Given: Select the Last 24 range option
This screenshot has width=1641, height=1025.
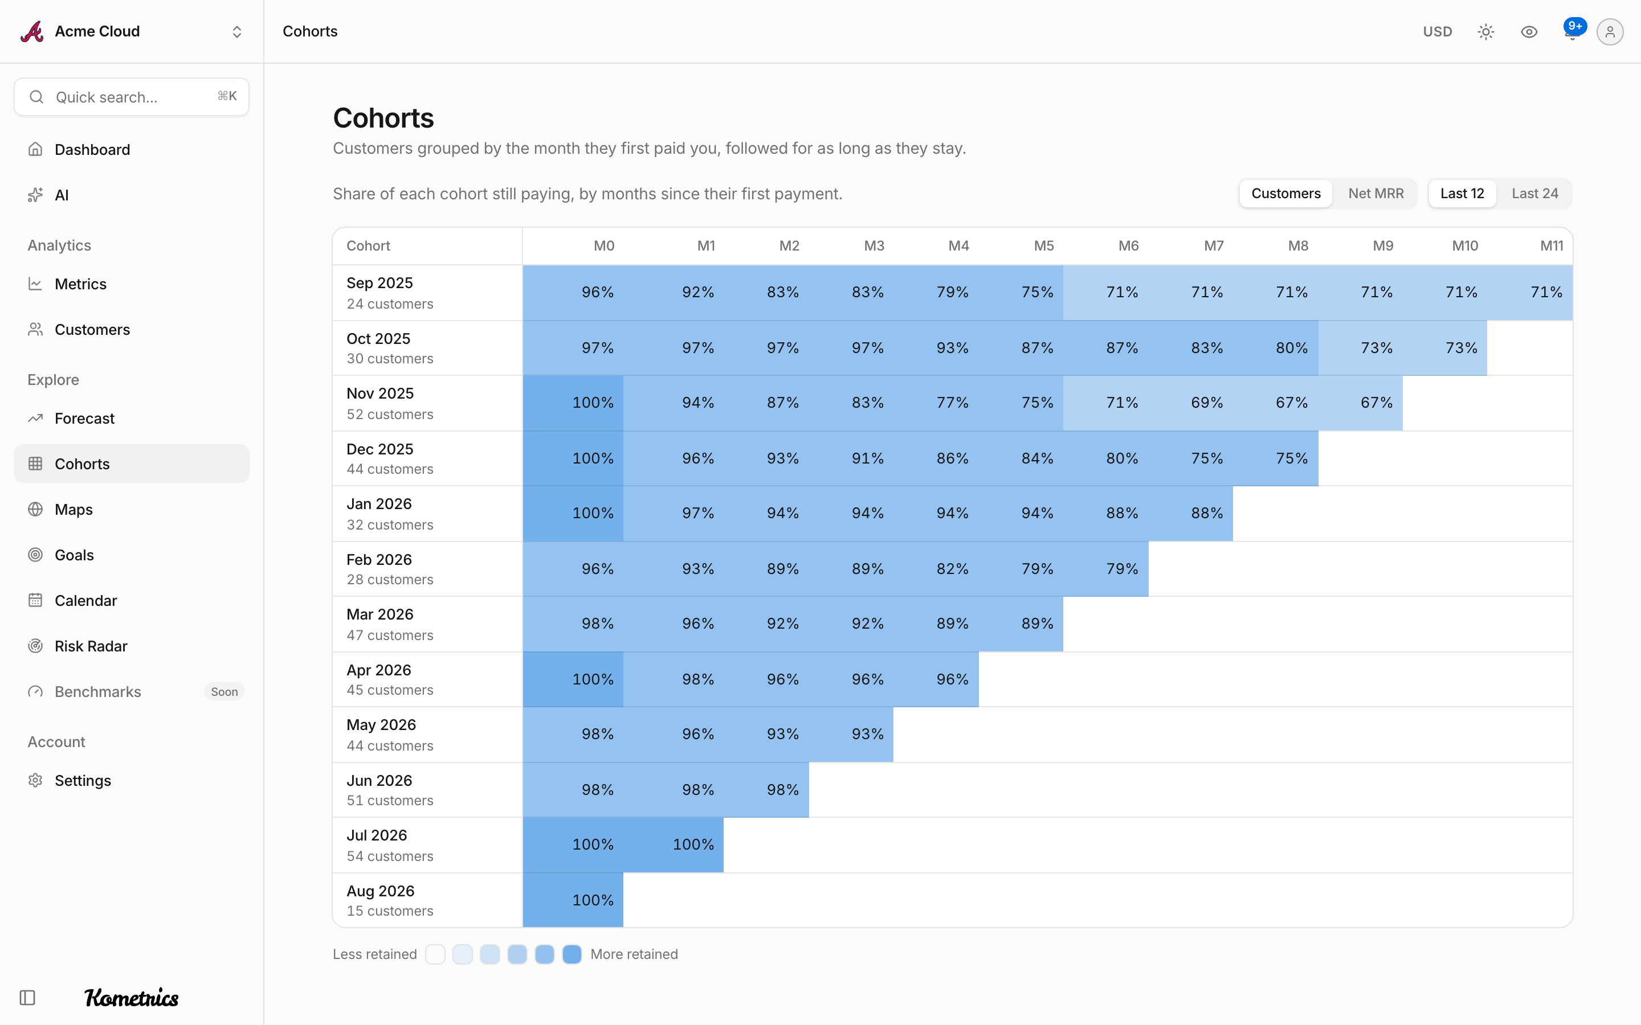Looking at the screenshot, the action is click(x=1534, y=194).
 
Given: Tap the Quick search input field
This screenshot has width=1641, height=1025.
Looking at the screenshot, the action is click(x=132, y=97).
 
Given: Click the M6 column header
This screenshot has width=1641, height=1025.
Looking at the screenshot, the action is click(x=1128, y=246).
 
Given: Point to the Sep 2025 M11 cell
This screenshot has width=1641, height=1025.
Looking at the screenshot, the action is click(x=1530, y=292).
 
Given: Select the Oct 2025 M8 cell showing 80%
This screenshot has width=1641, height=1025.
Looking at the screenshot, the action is click(x=1276, y=348).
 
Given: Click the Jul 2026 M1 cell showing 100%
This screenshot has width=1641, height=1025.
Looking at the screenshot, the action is click(x=673, y=844).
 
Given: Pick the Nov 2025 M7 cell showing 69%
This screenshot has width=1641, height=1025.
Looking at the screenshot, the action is click(x=1191, y=403).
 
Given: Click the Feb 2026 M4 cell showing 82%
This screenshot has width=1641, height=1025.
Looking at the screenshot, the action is click(x=937, y=569).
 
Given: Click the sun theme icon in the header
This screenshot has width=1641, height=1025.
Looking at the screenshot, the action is click(x=1485, y=32).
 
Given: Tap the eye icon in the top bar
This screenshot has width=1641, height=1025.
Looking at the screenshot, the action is click(x=1529, y=32).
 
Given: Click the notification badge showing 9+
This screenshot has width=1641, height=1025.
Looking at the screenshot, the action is click(x=1574, y=26).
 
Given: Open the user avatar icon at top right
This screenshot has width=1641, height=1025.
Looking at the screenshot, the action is click(x=1610, y=32).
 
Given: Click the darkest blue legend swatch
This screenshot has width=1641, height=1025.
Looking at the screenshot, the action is click(x=572, y=954).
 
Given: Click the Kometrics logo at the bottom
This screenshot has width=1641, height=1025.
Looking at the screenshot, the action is click(x=132, y=997).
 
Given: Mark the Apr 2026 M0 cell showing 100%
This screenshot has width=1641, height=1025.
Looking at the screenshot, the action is click(x=573, y=679).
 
